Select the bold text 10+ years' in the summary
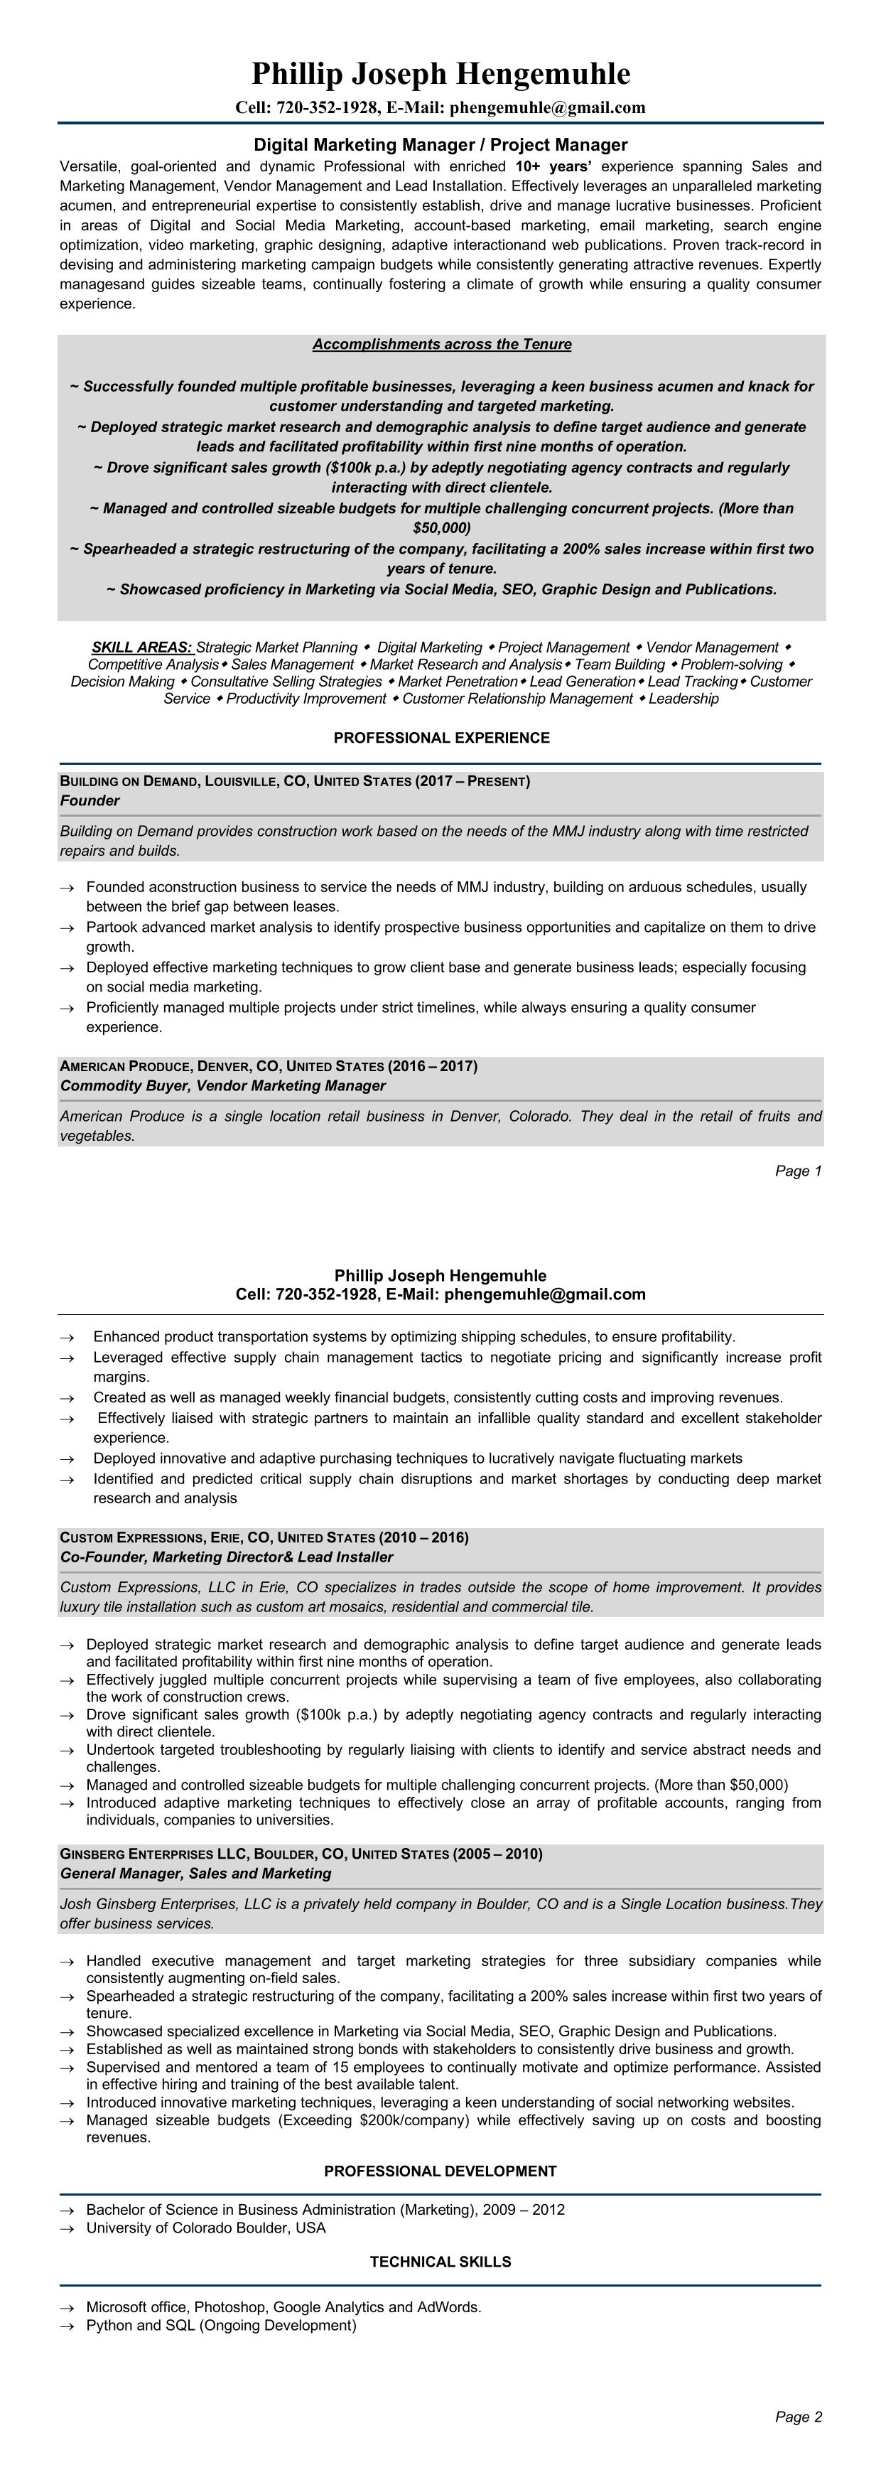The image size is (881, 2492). click(x=554, y=166)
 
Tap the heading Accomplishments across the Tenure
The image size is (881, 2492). click(x=441, y=345)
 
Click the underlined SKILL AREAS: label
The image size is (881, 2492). click(x=142, y=648)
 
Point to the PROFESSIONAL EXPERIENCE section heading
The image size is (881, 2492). click(x=441, y=738)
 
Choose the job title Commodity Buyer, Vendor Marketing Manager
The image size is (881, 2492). click(x=222, y=1086)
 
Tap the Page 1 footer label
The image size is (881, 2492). click(x=798, y=1171)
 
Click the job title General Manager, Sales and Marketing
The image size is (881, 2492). click(x=195, y=1874)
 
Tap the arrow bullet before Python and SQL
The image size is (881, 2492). click(x=67, y=2326)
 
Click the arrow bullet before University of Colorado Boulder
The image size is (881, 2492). click(x=67, y=2229)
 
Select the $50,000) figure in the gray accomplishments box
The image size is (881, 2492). click(x=441, y=528)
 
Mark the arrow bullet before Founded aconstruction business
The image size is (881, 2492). click(x=67, y=888)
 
